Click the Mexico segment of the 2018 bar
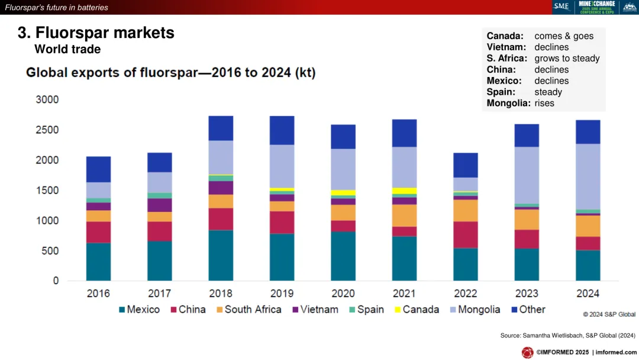click(x=221, y=255)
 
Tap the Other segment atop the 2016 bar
click(x=98, y=169)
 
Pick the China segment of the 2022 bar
click(x=466, y=234)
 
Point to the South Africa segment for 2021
click(x=404, y=216)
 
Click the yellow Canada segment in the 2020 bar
click(x=343, y=192)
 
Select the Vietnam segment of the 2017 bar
click(x=159, y=205)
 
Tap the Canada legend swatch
click(x=397, y=310)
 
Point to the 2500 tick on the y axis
click(x=47, y=130)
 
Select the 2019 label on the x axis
click(x=282, y=293)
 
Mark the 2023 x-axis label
click(x=526, y=293)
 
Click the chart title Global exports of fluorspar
click(x=171, y=73)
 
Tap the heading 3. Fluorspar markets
click(x=96, y=33)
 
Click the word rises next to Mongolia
click(x=544, y=103)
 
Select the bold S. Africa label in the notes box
click(x=506, y=58)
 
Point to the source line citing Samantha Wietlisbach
click(x=567, y=336)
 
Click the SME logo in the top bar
click(x=561, y=7)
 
